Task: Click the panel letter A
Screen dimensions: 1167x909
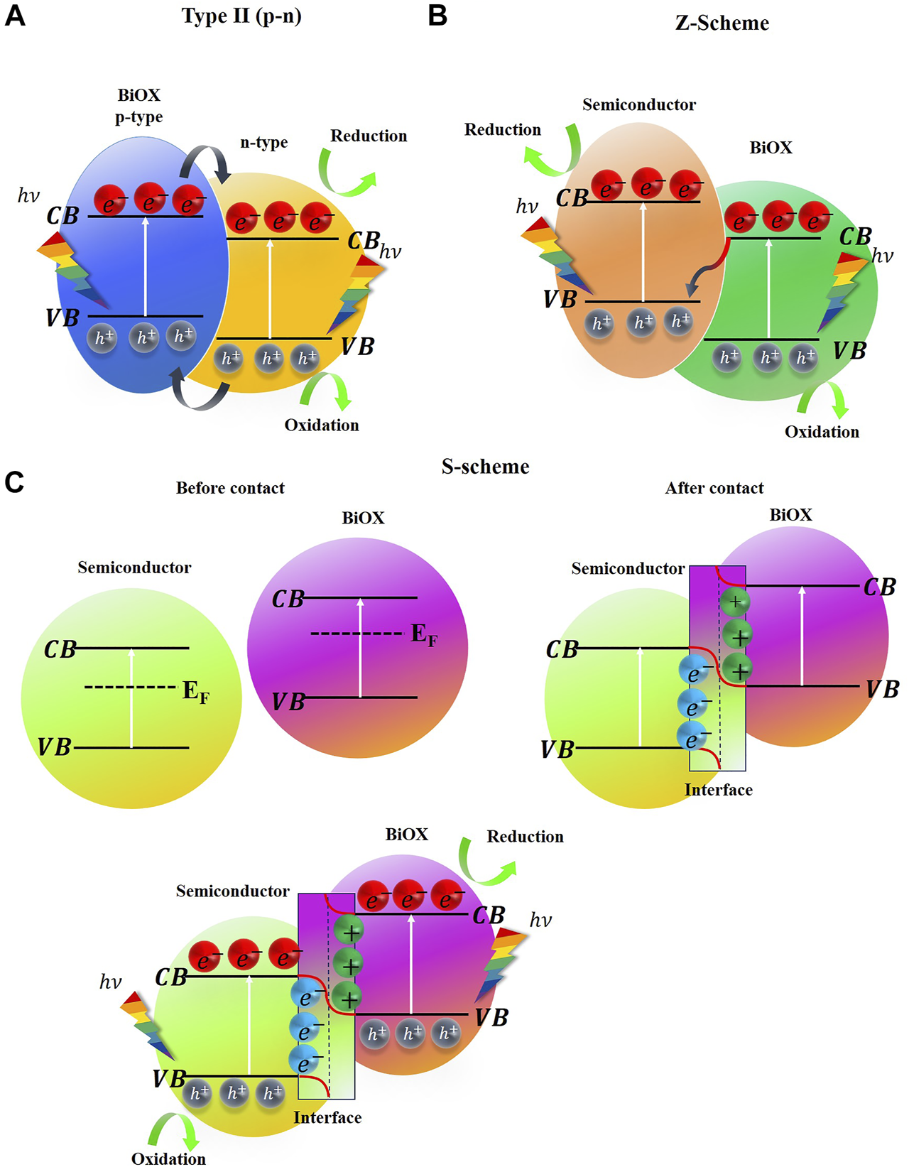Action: [15, 15]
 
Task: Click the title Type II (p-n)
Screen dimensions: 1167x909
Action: [241, 16]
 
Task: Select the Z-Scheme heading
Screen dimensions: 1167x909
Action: [722, 23]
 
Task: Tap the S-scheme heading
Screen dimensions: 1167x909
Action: [485, 467]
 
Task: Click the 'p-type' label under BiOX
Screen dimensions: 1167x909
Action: [138, 117]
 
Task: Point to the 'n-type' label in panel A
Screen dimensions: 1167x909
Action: [263, 143]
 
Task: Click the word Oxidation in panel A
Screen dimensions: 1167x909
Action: [322, 425]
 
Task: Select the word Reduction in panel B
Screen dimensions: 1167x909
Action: [502, 130]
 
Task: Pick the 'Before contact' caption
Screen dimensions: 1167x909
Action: [230, 489]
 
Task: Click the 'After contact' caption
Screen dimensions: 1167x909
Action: [714, 489]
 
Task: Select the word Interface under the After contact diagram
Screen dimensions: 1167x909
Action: [718, 790]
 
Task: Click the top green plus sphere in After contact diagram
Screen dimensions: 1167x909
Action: [735, 602]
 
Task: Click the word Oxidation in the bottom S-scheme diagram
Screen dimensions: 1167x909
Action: [168, 1158]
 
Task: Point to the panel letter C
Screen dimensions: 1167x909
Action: [14, 482]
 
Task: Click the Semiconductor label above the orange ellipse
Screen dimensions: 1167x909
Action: [638, 105]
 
